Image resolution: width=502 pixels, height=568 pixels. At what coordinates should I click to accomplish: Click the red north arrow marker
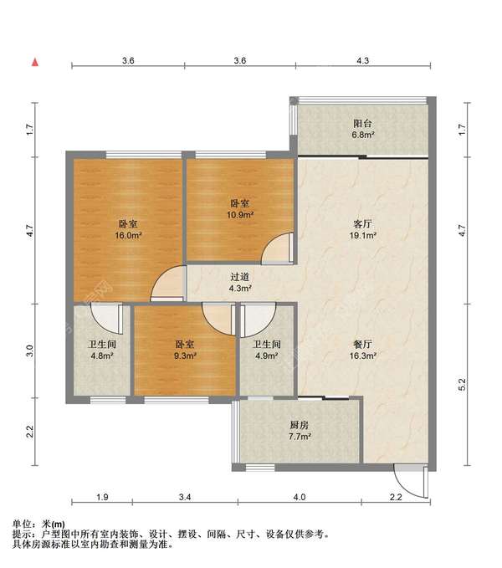35,63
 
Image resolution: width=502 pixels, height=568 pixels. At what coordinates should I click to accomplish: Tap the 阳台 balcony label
362,123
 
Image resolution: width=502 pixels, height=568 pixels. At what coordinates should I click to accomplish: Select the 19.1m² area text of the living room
362,235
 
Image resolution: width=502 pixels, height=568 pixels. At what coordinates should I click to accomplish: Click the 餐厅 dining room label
362,344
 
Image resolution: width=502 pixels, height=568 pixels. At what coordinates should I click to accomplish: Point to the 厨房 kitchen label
300,425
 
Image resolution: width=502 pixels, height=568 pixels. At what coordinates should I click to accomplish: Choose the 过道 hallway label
240,277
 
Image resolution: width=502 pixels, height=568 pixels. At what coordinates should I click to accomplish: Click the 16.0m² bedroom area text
128,235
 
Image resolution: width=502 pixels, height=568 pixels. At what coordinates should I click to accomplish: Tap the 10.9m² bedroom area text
240,215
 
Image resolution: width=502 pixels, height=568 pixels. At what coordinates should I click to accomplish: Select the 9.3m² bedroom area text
185,356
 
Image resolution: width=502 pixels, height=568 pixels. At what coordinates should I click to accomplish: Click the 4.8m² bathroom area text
102,356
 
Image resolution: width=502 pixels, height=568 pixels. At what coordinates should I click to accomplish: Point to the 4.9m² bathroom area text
267,356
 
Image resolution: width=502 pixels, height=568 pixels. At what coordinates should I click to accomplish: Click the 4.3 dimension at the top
362,60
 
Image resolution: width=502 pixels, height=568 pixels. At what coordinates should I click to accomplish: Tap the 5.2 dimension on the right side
462,384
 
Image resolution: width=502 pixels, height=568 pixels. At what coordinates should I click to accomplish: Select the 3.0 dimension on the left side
29,351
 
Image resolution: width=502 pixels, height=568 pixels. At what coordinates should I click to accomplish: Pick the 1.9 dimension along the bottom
102,497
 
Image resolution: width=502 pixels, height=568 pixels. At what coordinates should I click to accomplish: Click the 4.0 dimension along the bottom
300,497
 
